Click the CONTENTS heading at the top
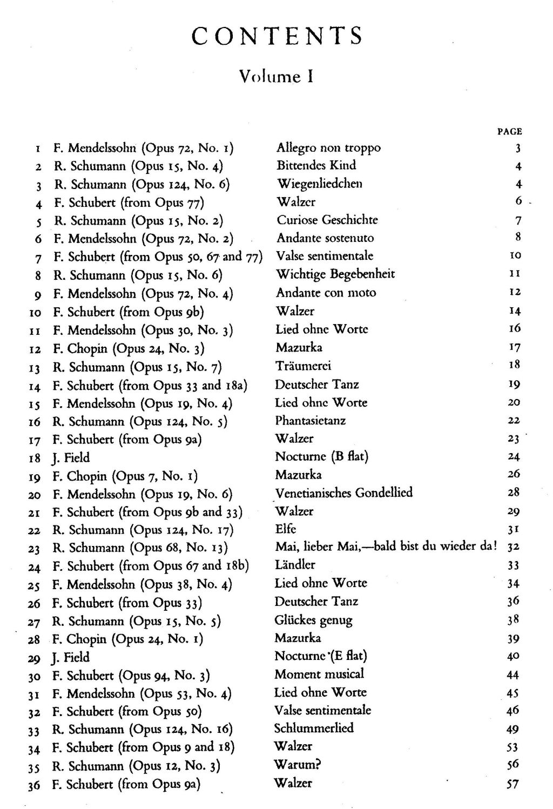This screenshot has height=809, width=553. coord(277,36)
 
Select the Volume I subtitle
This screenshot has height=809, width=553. coord(277,76)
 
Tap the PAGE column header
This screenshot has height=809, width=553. coord(509,131)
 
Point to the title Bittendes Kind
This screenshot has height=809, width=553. coord(316,165)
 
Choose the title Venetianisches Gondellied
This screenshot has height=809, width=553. coord(344,493)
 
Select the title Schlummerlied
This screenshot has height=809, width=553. coord(314,728)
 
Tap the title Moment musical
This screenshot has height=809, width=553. coord(319,674)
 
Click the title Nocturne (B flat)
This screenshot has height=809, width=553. coord(321,456)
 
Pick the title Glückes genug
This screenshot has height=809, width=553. coord(313,620)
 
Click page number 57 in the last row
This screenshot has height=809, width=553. coord(512,784)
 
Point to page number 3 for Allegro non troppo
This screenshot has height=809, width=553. coord(517,149)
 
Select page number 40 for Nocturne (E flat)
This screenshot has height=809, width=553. coord(513,656)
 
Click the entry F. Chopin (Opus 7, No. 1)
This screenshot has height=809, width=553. coord(125,476)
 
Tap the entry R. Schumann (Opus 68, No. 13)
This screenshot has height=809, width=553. coord(140,548)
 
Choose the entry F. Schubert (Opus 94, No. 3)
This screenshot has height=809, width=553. coord(131,676)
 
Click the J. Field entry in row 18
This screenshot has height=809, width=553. coord(71,458)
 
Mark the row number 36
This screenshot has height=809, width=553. coord(34,785)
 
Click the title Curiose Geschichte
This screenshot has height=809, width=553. coord(327,220)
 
